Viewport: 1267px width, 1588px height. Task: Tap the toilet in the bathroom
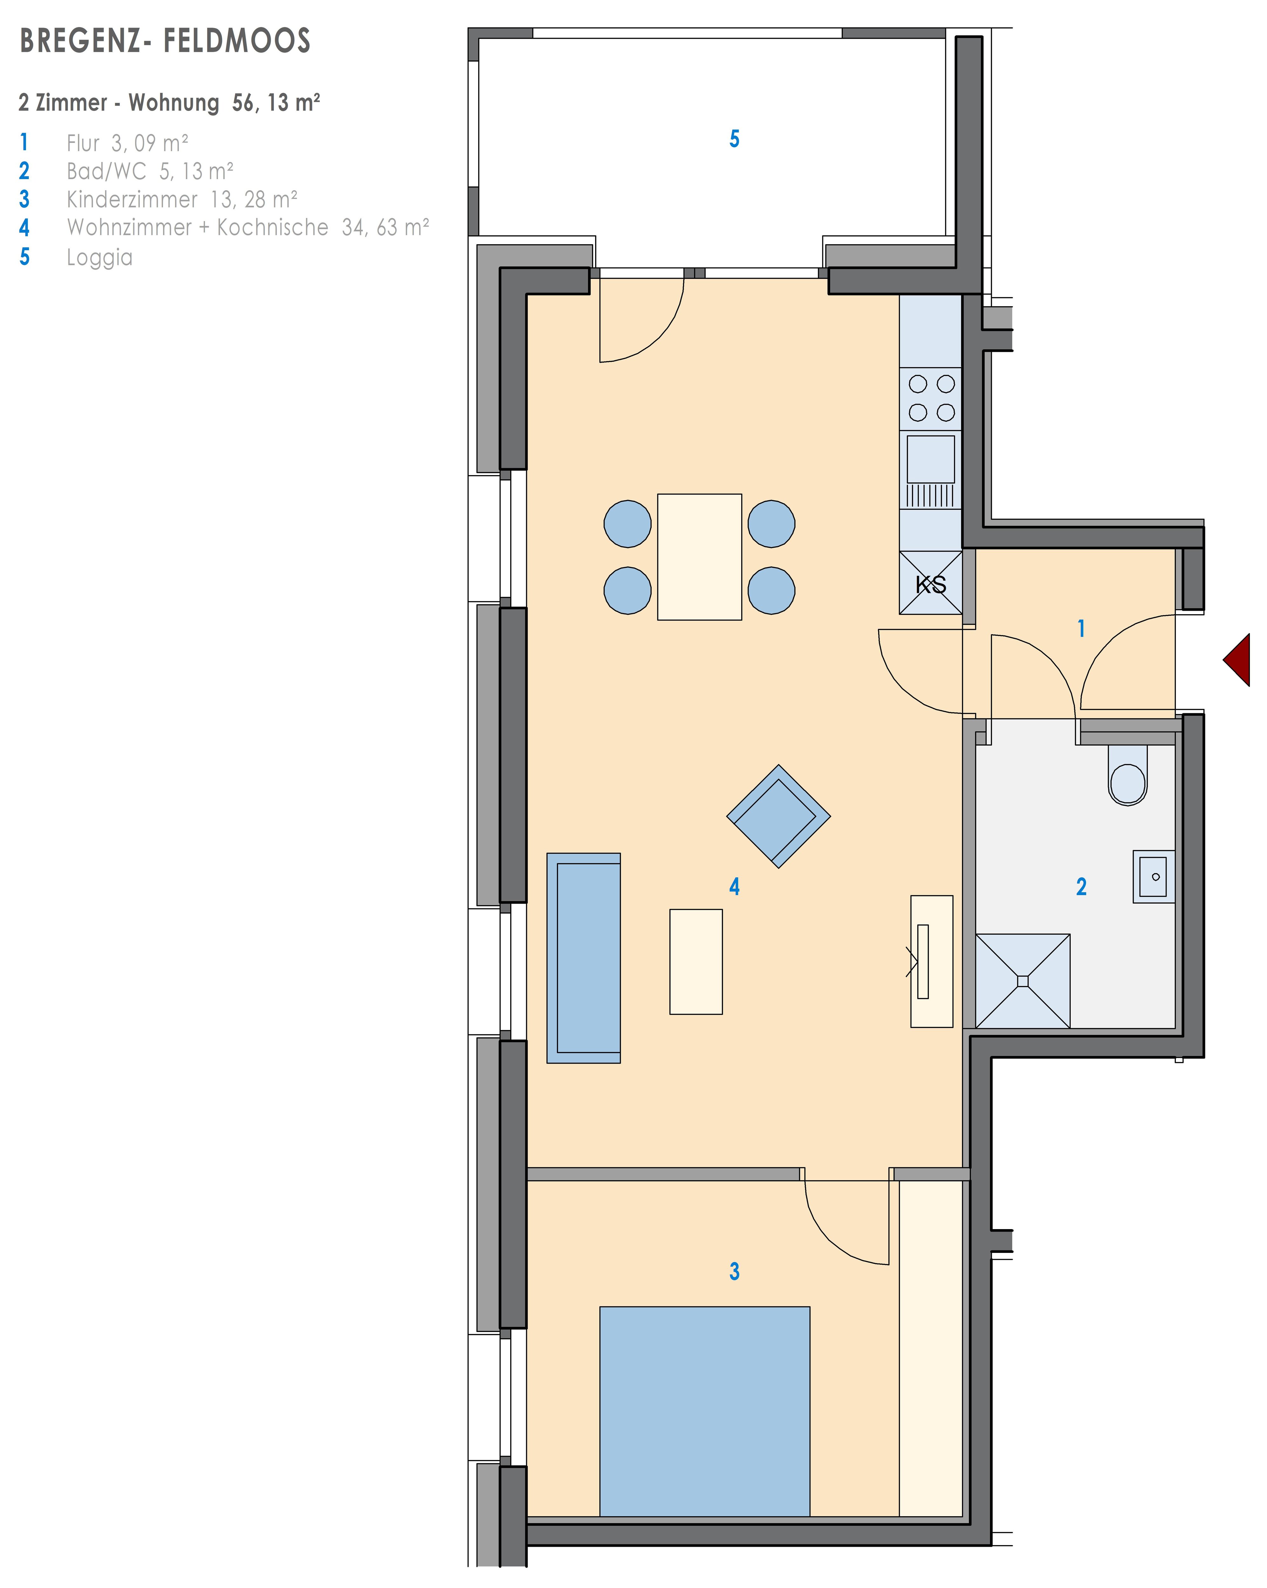(x=1128, y=775)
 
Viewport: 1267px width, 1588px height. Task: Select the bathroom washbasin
(x=1154, y=877)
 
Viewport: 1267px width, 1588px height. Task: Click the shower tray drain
(x=1022, y=981)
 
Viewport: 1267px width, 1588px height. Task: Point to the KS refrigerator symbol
(x=930, y=582)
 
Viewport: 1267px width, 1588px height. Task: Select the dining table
(x=699, y=557)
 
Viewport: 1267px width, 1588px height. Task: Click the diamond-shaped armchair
(x=779, y=816)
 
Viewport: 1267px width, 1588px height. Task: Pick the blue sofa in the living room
(x=583, y=958)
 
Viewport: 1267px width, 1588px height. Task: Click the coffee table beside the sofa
(x=696, y=961)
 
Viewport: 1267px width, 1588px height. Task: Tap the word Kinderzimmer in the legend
(x=132, y=199)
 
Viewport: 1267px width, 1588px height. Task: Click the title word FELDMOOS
(x=237, y=41)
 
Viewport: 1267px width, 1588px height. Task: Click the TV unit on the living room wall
(x=932, y=961)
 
